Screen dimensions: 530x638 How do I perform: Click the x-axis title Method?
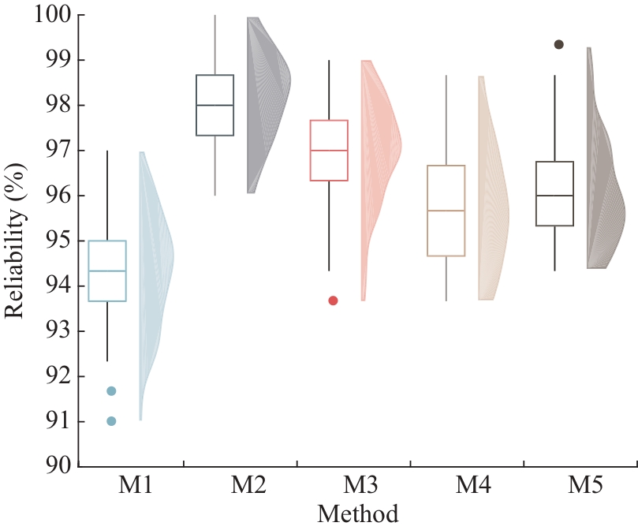(x=357, y=513)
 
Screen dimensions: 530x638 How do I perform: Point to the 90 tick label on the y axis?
(x=58, y=466)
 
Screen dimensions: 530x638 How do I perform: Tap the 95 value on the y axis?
(x=58, y=241)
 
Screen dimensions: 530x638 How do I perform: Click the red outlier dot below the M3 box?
(x=333, y=300)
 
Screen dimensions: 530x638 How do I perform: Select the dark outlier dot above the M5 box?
(x=559, y=45)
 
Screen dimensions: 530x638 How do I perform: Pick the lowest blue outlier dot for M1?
(x=111, y=421)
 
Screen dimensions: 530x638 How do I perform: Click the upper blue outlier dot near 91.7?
(x=111, y=391)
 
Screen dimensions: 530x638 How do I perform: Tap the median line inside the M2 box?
(x=215, y=105)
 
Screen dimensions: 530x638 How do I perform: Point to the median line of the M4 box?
(x=446, y=211)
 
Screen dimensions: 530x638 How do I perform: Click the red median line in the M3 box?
(x=329, y=150)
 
